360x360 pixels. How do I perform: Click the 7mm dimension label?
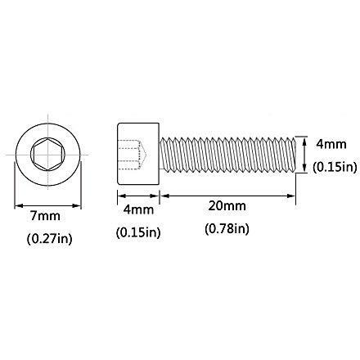[x=45, y=216]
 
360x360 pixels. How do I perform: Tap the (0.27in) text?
[x=50, y=239]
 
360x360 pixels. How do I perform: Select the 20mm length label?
[x=227, y=206]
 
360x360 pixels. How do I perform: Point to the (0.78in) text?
[x=227, y=228]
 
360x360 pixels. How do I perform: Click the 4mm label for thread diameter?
[x=331, y=144]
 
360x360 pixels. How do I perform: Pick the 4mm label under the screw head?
[x=138, y=210]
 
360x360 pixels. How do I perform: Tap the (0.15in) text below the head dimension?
[x=138, y=232]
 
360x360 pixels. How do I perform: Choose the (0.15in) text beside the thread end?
[x=335, y=167]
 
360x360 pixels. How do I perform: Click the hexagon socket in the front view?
[x=48, y=155]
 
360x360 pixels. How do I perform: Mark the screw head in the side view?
[x=138, y=154]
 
